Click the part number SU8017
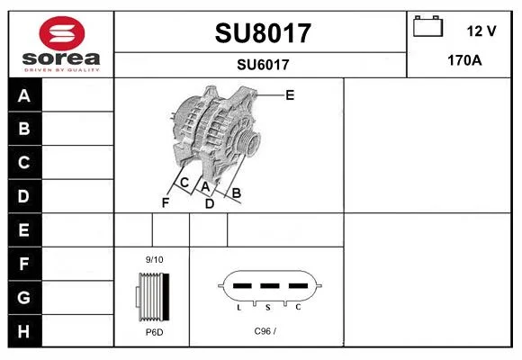[263, 33]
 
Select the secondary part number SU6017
[263, 65]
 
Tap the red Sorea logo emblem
[62, 33]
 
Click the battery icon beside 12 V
[427, 26]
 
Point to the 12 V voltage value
[481, 31]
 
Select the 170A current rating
[464, 60]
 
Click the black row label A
[24, 95]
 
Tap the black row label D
[23, 196]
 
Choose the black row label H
[23, 331]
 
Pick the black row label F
[23, 264]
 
